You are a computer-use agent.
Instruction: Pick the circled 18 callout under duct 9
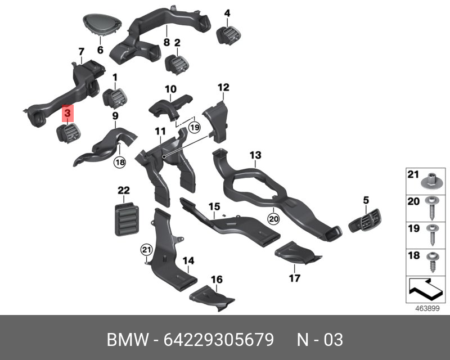(x=120, y=163)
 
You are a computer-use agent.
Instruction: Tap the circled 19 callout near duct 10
(x=194, y=127)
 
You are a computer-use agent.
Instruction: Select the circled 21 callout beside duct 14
(x=146, y=249)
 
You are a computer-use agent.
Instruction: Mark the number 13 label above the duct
(x=255, y=155)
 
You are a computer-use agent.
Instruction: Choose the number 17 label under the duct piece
(x=294, y=278)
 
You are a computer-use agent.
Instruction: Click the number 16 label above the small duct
(x=217, y=280)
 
